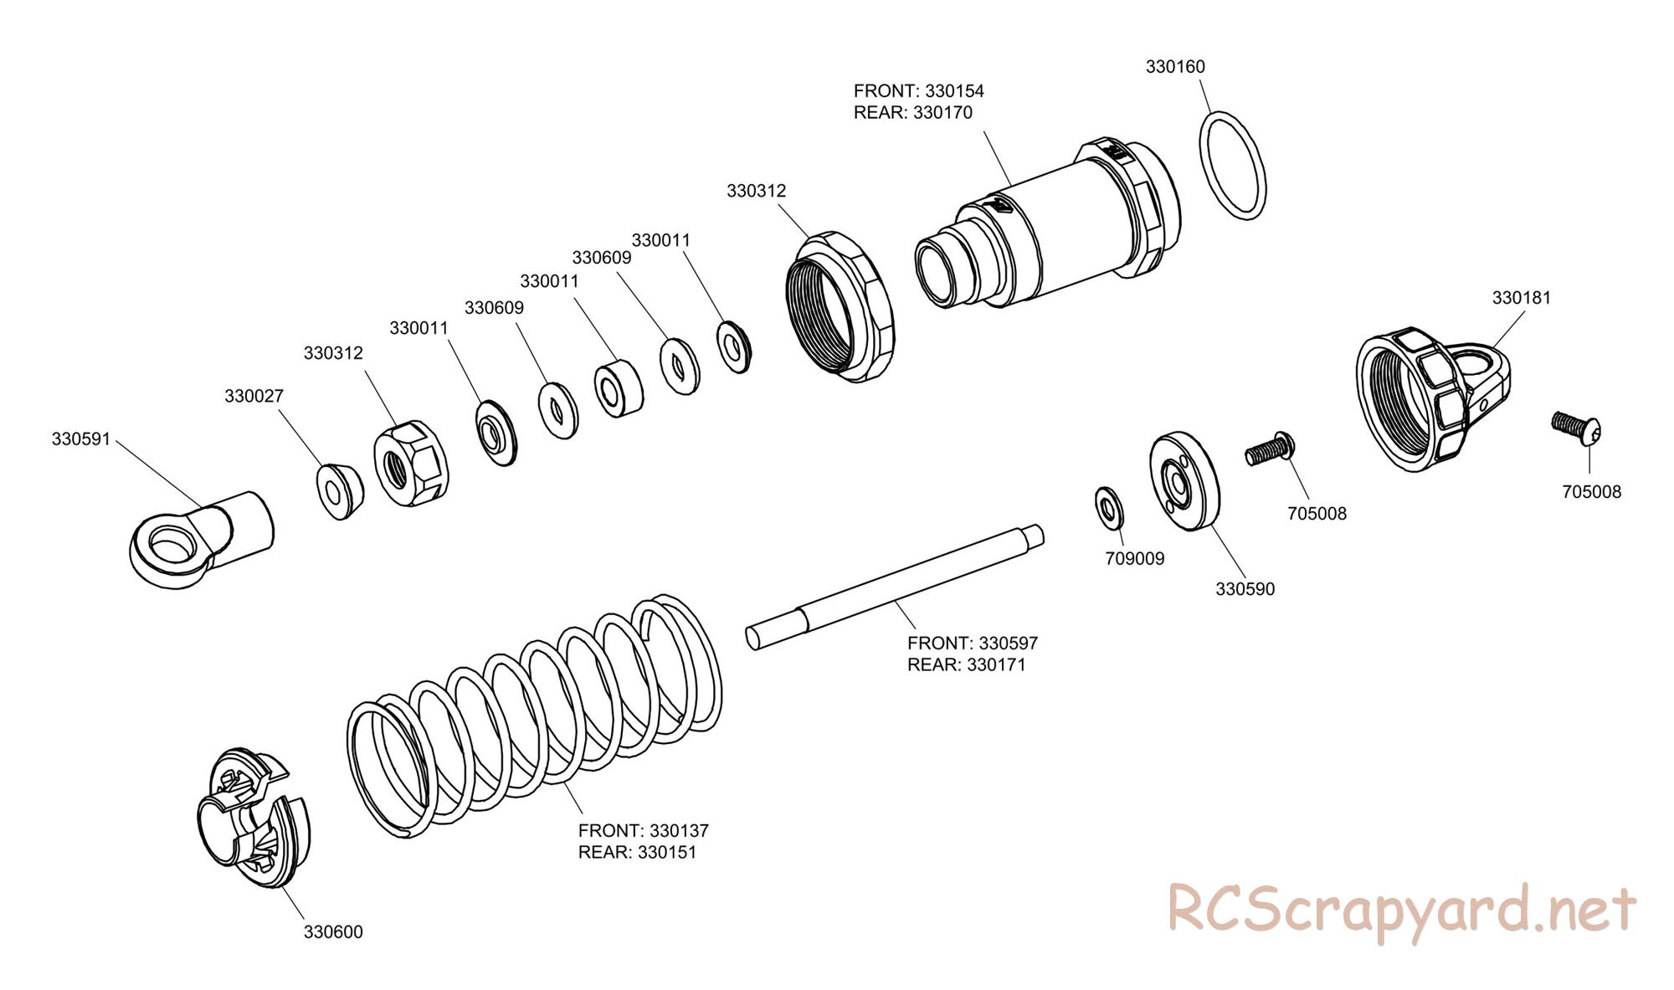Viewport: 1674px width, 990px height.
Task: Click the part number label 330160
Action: [1175, 67]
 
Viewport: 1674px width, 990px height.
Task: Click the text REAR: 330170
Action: [912, 112]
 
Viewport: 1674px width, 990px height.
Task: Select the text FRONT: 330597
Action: [972, 643]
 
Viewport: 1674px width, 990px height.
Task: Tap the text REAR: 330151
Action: [636, 852]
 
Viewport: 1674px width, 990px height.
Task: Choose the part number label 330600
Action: [333, 931]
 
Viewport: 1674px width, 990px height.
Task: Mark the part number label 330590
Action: [1245, 589]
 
